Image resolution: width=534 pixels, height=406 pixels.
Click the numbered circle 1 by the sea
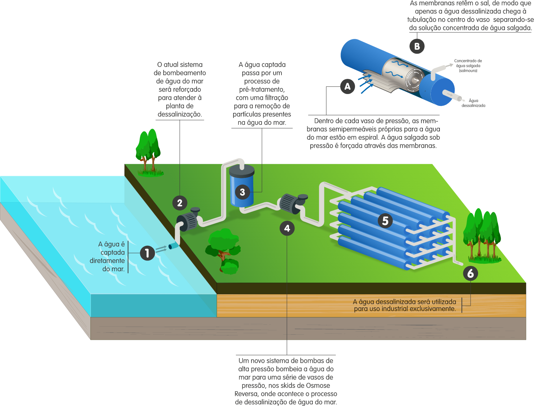147,253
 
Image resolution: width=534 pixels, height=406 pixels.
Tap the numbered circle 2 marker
180,203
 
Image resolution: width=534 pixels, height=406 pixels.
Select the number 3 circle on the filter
242,192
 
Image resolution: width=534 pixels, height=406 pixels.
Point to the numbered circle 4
287,228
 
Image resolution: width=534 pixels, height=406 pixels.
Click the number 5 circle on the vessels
385,220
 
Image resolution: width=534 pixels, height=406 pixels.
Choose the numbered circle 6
470,273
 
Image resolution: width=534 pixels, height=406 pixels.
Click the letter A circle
347,86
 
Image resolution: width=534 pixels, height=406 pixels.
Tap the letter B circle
417,46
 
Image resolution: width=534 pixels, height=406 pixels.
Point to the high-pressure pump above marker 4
293,204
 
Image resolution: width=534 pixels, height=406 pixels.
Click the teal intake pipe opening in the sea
174,246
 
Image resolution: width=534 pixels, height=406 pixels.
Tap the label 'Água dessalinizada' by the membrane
473,103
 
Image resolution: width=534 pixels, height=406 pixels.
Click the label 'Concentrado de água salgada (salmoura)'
468,66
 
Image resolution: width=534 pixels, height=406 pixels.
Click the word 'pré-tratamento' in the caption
262,89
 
